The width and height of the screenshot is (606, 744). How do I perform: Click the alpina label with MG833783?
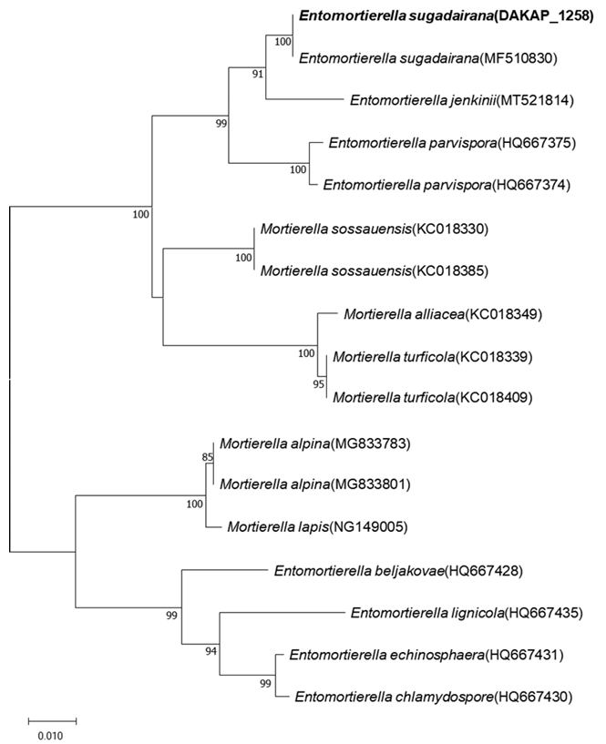(x=316, y=443)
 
